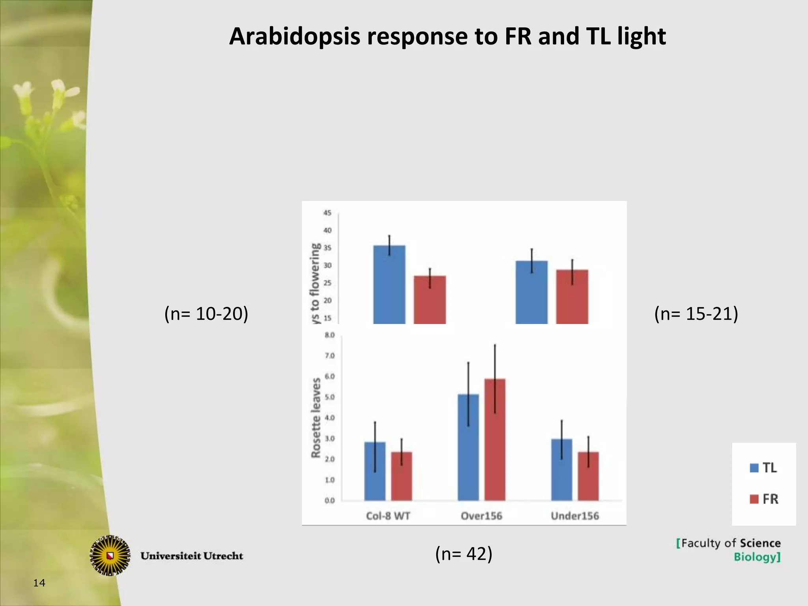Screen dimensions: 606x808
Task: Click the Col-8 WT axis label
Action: [388, 516]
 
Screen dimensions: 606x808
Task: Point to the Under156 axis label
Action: [574, 516]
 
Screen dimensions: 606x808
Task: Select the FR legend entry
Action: [764, 499]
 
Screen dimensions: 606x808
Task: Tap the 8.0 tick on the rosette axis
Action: [329, 335]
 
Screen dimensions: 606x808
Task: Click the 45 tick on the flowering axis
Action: [327, 213]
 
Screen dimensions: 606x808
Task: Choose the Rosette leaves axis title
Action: [316, 418]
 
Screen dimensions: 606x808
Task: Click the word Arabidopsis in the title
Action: [294, 36]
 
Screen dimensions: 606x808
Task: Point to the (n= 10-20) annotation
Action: [206, 314]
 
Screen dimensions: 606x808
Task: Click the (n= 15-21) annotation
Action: [696, 314]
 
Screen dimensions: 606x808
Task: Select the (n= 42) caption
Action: [464, 554]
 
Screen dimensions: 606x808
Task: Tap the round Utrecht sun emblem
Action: [110, 555]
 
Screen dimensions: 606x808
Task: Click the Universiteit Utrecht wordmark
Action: [192, 556]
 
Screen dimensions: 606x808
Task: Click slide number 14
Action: [39, 583]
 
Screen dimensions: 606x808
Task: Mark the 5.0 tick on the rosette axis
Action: [329, 397]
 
